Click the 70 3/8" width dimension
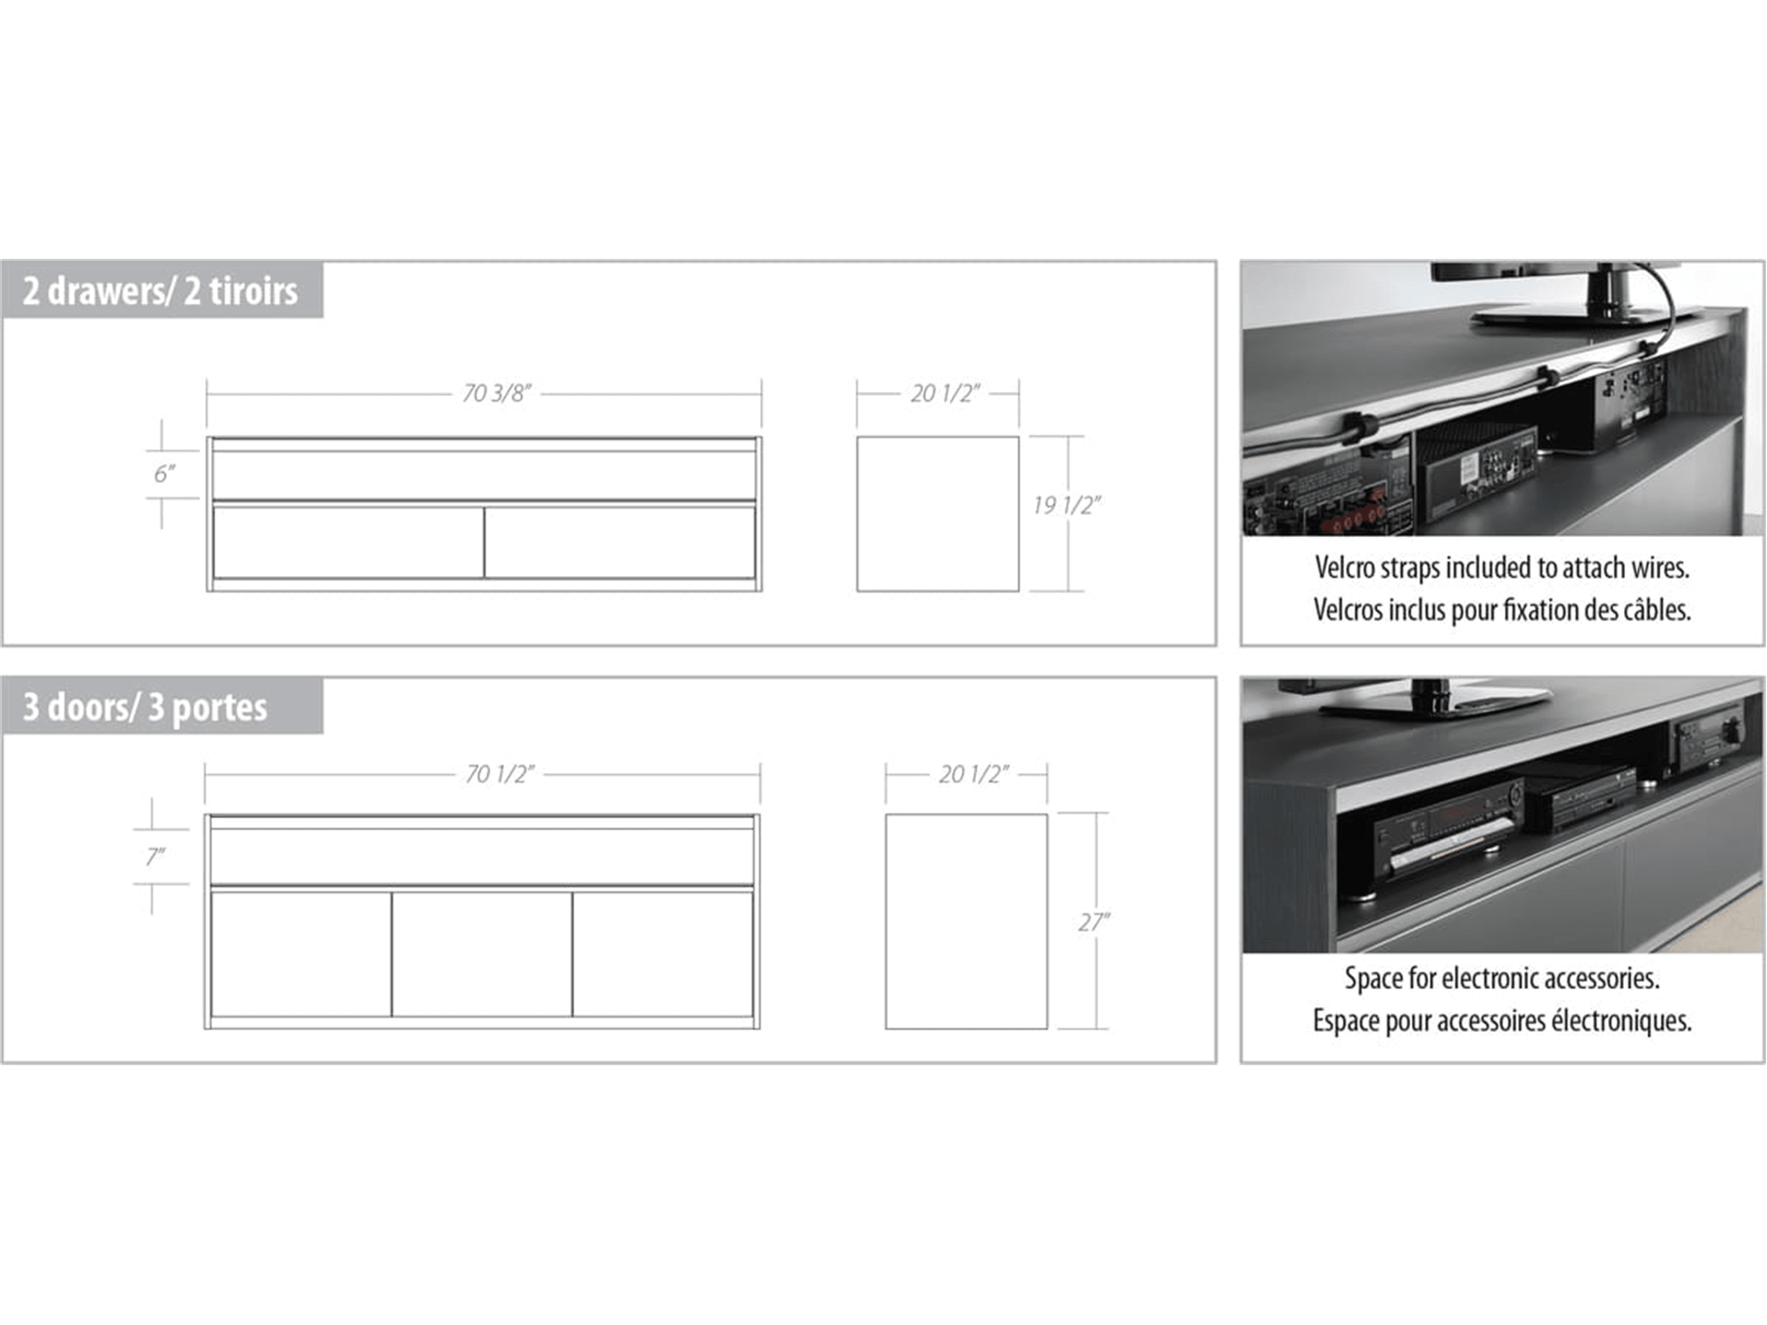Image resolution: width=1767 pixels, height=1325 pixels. pyautogui.click(x=497, y=393)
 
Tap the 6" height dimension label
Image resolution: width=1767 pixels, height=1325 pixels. pyautogui.click(x=164, y=474)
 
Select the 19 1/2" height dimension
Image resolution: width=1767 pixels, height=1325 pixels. pyautogui.click(x=1066, y=505)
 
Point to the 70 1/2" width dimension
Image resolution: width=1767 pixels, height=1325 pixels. pyautogui.click(x=499, y=775)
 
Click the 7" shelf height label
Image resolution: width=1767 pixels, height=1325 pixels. pyautogui.click(x=155, y=857)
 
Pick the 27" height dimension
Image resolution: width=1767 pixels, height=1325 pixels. pyautogui.click(x=1094, y=922)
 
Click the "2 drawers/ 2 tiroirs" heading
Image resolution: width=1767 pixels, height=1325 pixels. pyautogui.click(x=160, y=291)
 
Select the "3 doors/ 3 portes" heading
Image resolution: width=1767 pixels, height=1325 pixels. pyautogui.click(x=145, y=707)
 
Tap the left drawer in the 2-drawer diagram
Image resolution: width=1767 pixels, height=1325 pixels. pyautogui.click(x=348, y=541)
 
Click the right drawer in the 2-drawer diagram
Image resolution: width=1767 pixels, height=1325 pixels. pyautogui.click(x=619, y=541)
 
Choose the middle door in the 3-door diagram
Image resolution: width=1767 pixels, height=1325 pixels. pyautogui.click(x=482, y=954)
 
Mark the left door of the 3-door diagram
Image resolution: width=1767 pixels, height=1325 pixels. pyautogui.click(x=300, y=954)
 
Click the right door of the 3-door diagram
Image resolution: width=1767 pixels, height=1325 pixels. pyautogui.click(x=663, y=954)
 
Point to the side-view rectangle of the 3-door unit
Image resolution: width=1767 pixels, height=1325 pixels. pyautogui.click(x=967, y=921)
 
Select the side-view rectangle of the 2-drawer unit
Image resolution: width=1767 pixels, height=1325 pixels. pyautogui.click(x=937, y=513)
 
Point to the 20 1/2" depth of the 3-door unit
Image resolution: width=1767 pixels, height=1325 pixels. pyautogui.click(x=974, y=775)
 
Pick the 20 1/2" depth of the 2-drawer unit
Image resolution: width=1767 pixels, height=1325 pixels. pyautogui.click(x=945, y=393)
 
